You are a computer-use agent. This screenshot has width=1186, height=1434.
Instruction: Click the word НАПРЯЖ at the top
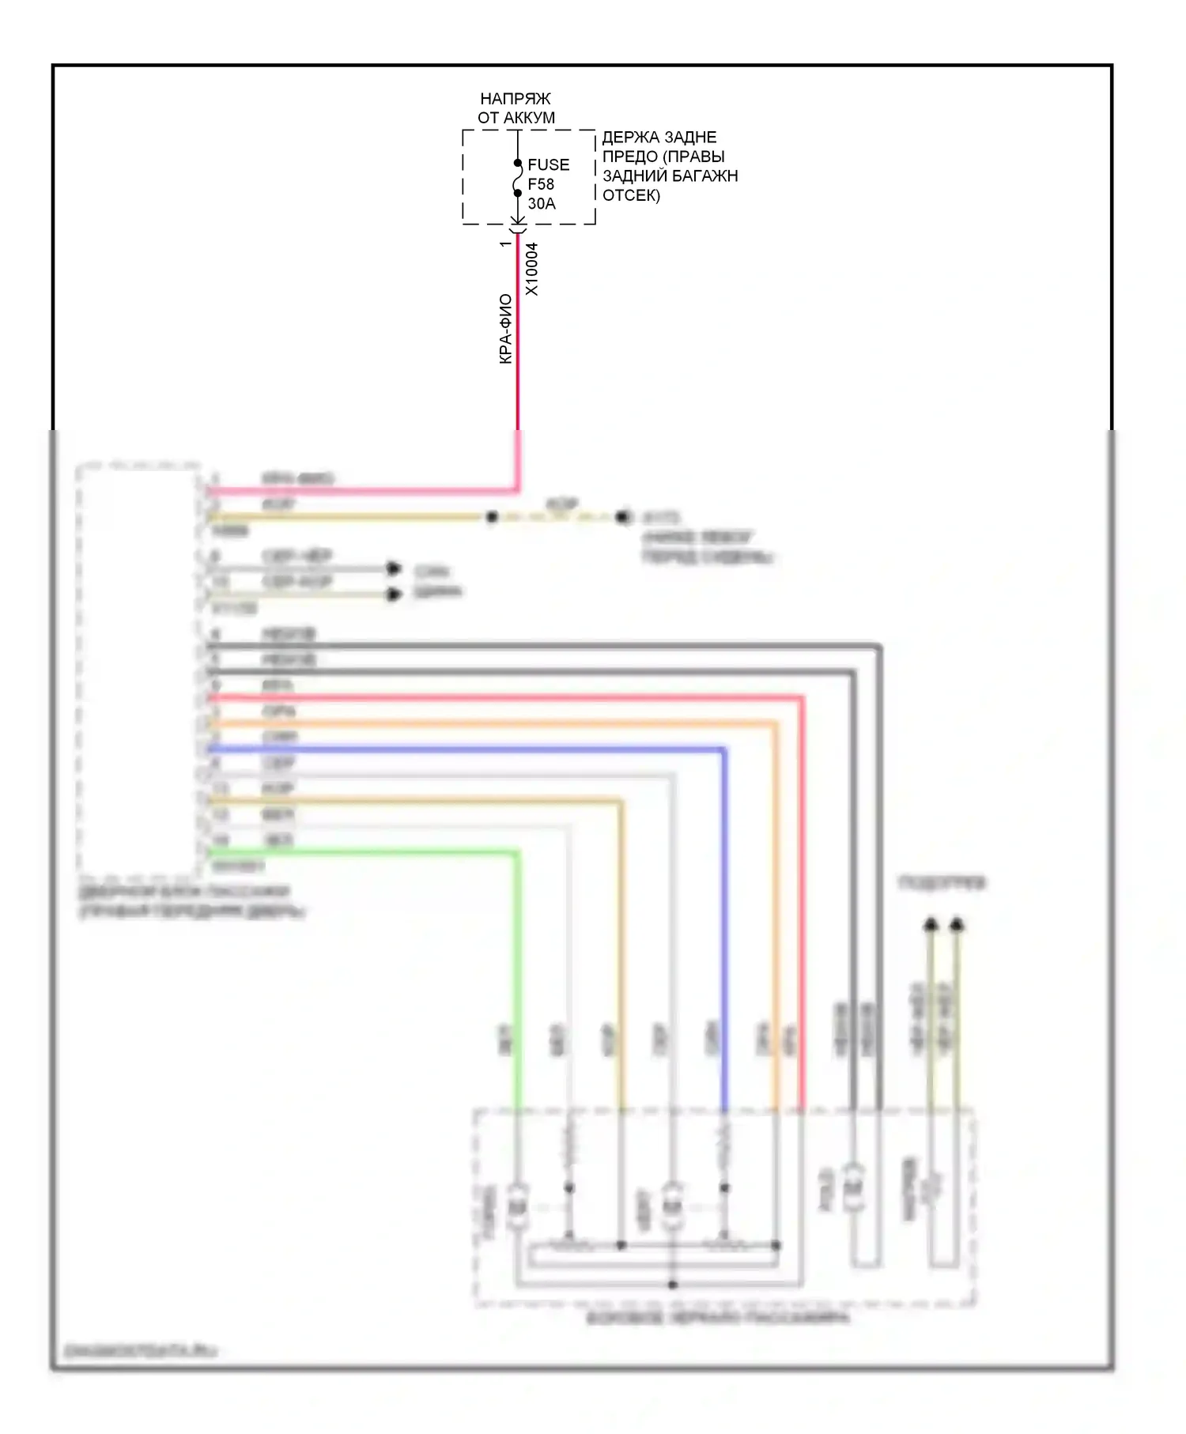click(515, 99)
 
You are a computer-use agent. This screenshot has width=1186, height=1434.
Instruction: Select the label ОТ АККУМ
click(516, 118)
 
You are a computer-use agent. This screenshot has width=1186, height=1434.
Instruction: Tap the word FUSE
click(548, 164)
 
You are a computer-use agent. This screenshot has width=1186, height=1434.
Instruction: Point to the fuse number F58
click(541, 184)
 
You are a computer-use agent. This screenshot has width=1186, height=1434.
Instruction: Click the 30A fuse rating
click(542, 203)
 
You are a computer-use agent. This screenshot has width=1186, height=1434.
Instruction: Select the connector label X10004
click(532, 269)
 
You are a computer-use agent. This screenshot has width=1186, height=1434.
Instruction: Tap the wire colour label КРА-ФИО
click(506, 329)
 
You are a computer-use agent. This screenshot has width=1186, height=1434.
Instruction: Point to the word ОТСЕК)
click(631, 194)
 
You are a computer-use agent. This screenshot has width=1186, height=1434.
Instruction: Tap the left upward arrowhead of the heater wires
click(931, 923)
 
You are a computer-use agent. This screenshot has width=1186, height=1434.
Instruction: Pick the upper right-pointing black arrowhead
click(394, 568)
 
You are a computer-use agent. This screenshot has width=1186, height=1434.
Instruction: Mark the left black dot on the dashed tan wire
click(492, 517)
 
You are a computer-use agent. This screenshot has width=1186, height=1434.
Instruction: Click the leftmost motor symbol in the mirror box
click(518, 1207)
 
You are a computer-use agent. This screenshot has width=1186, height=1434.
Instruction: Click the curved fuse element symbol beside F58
click(516, 178)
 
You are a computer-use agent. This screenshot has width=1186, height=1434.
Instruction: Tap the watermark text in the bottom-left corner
click(139, 1351)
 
